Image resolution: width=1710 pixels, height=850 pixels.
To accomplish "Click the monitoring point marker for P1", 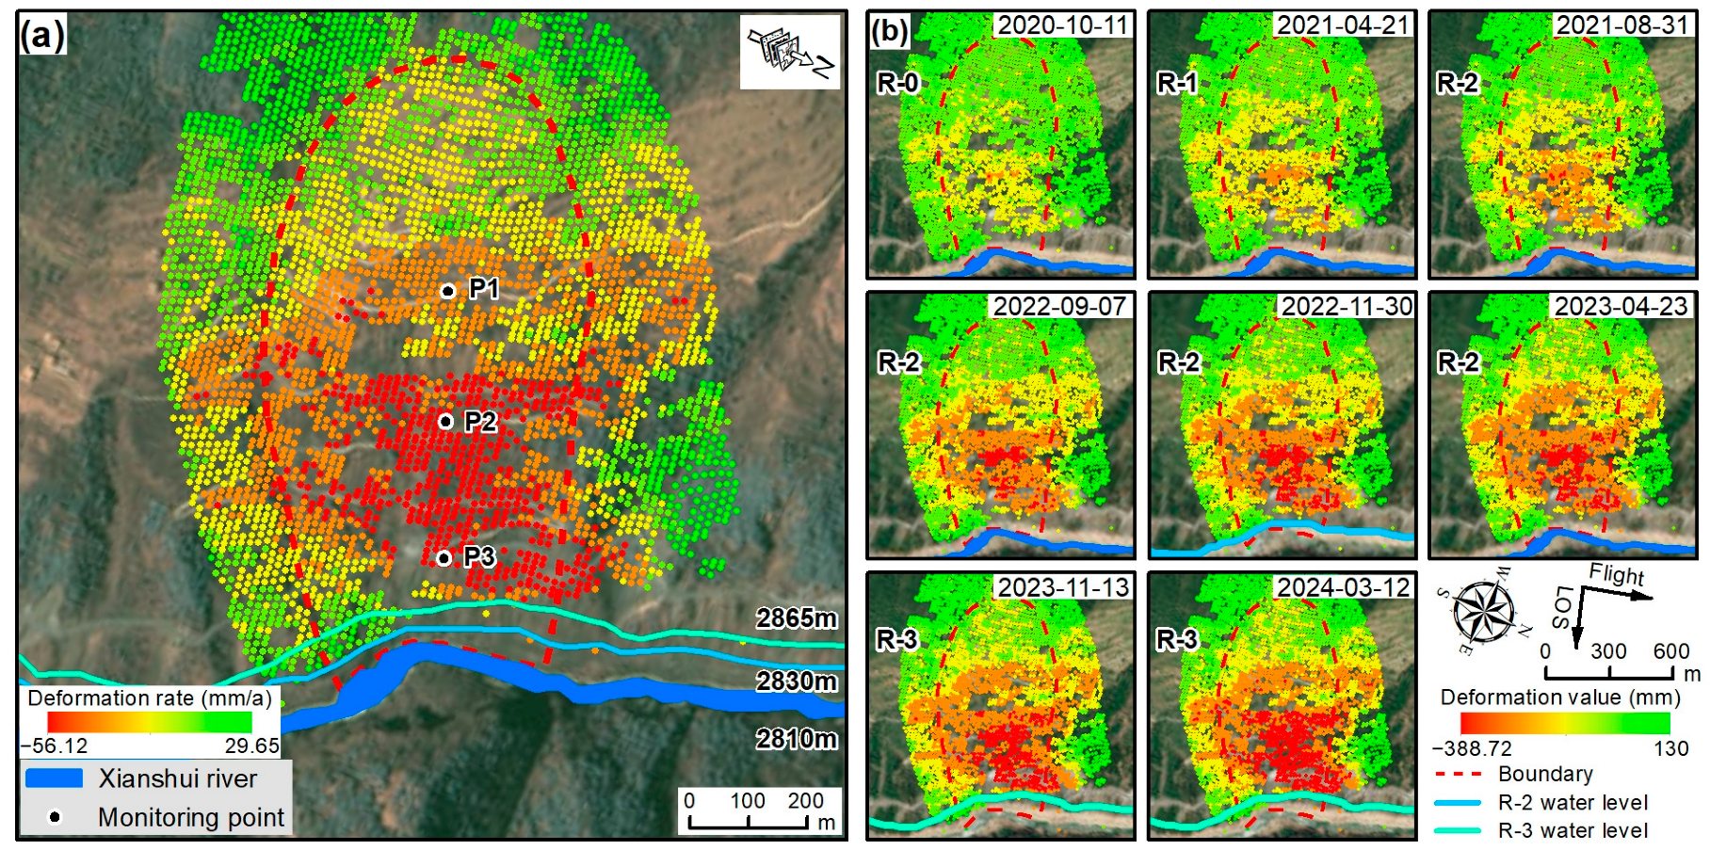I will [x=448, y=291].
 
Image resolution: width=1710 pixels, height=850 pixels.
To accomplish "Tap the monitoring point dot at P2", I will [x=445, y=422].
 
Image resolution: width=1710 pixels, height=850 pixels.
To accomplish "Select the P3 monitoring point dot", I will [x=444, y=558].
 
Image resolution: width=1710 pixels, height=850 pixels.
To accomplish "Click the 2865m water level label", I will [x=796, y=618].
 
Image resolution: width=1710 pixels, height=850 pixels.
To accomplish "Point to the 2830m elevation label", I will [x=796, y=681].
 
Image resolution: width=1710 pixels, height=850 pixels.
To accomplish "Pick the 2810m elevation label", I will [x=796, y=739].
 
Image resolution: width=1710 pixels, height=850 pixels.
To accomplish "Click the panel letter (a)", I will [x=42, y=36].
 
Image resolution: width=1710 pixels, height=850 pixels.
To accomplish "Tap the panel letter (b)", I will [x=890, y=32].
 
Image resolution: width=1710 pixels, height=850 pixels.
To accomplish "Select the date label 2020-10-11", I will [x=1062, y=25].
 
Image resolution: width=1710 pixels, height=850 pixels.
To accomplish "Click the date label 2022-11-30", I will [x=1347, y=306].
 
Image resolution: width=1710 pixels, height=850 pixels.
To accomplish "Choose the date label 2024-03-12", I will [x=1343, y=587].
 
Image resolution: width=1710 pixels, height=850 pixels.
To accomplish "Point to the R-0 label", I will [x=897, y=84].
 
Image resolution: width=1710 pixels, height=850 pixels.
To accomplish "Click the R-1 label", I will [x=1177, y=84].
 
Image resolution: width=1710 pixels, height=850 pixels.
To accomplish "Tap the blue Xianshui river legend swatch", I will [x=54, y=778].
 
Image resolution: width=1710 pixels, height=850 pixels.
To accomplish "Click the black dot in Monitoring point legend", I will [x=55, y=817].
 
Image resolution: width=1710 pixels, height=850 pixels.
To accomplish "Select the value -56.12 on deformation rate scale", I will [x=55, y=746].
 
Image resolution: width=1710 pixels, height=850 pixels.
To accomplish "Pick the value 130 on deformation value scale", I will [x=1670, y=748].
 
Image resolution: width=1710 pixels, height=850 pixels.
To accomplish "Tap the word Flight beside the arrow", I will [x=1616, y=574].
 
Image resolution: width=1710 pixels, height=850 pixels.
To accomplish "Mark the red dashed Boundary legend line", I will [x=1459, y=774].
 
